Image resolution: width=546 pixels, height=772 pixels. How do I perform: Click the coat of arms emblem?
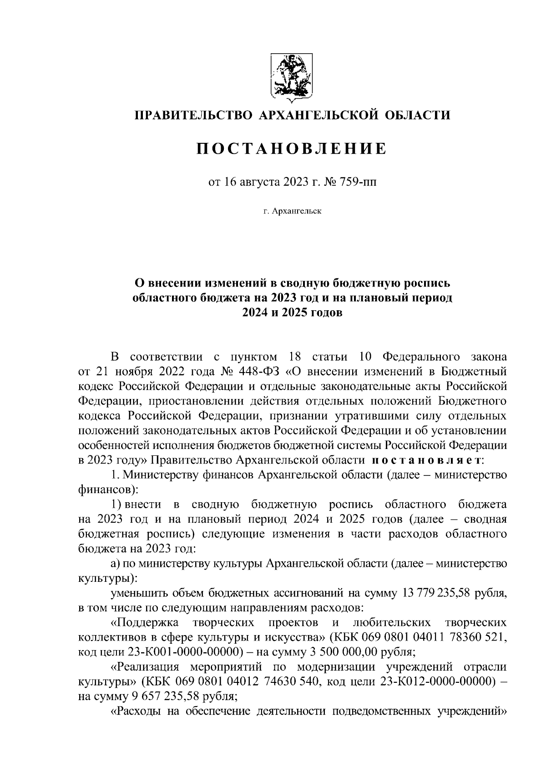[291, 76]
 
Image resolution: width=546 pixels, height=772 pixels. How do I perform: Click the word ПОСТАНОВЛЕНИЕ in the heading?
[292, 149]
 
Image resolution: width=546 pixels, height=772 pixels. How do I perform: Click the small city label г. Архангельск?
[292, 211]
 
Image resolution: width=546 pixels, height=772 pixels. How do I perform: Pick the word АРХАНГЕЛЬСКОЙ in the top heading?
[319, 115]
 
